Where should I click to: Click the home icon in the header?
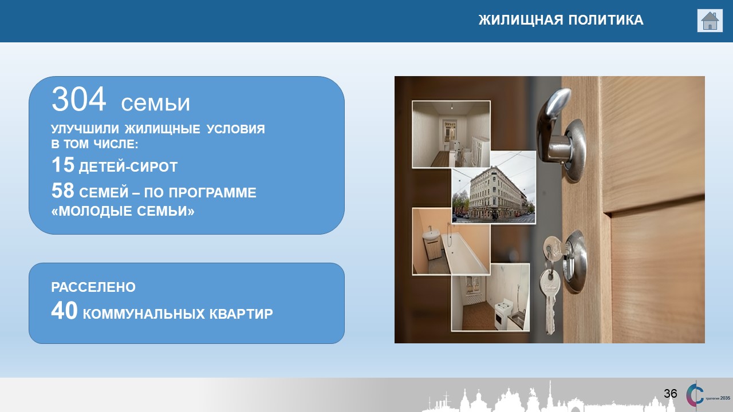710,21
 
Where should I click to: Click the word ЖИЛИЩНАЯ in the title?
521,20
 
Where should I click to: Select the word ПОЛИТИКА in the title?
606,20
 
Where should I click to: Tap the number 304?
78,99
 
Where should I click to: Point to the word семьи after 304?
155,102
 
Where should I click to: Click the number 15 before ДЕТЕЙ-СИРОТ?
63,164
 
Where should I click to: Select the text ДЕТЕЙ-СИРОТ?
128,167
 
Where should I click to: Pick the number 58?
63,191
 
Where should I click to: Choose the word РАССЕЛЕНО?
93,287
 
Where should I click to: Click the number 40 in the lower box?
65,310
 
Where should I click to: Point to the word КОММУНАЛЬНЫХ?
144,314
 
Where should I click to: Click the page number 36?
670,393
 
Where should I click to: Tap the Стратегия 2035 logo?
708,394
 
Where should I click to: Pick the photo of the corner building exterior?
494,187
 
